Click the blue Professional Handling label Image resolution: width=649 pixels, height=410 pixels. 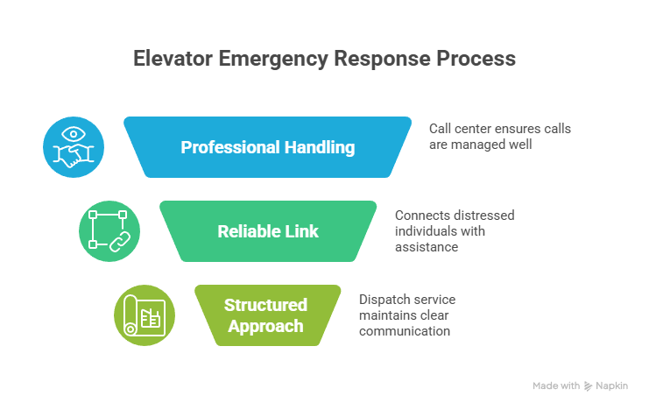coord(267,147)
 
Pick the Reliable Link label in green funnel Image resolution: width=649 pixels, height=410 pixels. coord(267,231)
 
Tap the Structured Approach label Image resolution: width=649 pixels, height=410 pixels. coord(265,315)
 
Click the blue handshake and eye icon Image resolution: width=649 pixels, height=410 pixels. coord(74,147)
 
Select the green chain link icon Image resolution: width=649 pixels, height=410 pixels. coord(109,231)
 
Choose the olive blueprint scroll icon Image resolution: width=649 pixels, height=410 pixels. coord(145,315)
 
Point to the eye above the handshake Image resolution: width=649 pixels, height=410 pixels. coord(74,135)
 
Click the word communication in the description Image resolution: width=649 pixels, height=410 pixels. coord(404,331)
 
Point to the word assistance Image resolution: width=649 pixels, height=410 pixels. coord(427,247)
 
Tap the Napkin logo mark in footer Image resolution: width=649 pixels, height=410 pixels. coord(589,385)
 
